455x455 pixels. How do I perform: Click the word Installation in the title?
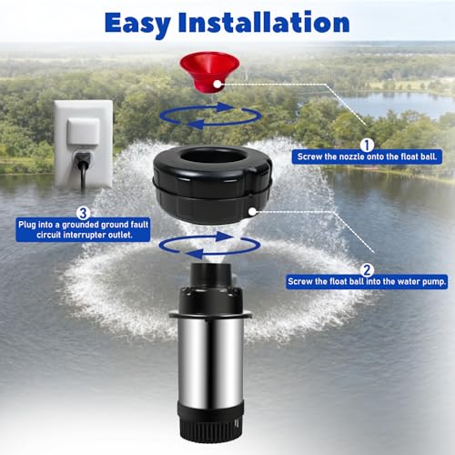tap(264, 22)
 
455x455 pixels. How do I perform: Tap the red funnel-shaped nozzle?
tap(209, 71)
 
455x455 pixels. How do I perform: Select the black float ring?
tap(212, 185)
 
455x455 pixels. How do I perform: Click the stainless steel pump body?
tap(210, 361)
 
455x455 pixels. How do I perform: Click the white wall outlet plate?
tap(84, 144)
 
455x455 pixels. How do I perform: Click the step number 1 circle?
tap(367, 146)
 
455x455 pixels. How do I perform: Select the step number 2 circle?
tap(367, 270)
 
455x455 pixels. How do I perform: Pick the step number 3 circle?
tap(83, 213)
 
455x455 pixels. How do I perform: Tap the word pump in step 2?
tap(434, 282)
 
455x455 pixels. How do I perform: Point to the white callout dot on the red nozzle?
tap(217, 84)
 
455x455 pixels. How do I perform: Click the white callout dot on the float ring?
tap(252, 211)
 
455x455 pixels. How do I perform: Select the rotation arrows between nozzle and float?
tap(210, 125)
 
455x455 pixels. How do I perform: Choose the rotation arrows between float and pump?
tap(210, 254)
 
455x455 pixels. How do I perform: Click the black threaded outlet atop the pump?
tap(210, 275)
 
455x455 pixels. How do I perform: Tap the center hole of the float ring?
tap(210, 157)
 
